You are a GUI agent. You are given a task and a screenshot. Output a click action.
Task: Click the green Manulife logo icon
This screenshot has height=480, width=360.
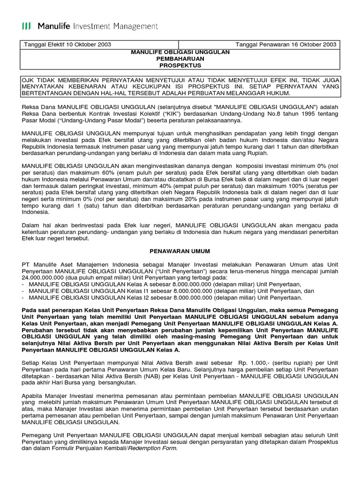tap(27, 26)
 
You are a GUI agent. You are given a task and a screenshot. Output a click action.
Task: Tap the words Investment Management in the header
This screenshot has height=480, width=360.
tap(119, 26)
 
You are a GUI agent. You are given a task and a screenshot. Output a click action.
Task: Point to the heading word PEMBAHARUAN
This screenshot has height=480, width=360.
tap(180, 59)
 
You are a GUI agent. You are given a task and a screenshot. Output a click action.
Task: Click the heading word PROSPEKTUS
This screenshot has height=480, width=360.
tap(180, 66)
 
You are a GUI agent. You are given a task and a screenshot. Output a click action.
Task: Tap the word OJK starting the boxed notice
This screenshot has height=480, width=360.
tap(29, 80)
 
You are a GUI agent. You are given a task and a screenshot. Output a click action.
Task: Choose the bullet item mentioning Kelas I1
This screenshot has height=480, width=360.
tap(164, 291)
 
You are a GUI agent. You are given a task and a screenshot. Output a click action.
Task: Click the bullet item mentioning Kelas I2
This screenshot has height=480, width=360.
tap(164, 297)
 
